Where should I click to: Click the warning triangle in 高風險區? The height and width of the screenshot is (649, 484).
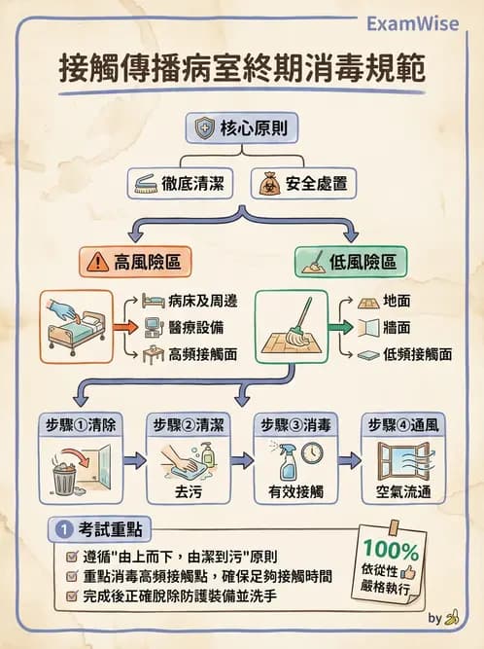coord(98,263)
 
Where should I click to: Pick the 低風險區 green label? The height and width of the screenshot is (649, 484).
coord(352,262)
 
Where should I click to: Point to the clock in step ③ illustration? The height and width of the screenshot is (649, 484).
coord(311,452)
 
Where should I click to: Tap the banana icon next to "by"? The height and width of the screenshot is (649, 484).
coord(451,618)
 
